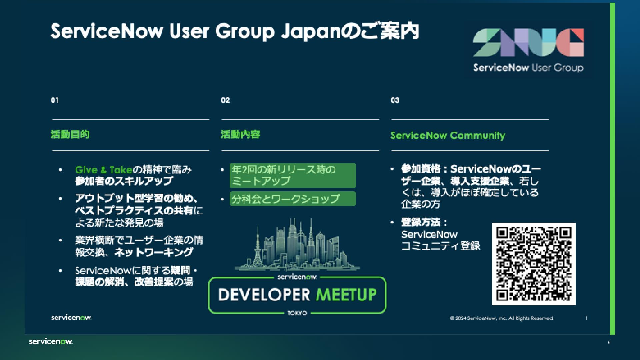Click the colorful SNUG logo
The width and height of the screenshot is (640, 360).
click(x=528, y=43)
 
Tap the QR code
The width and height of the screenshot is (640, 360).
click(x=534, y=264)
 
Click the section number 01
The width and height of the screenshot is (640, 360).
click(x=55, y=100)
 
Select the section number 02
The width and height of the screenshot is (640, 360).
click(x=225, y=100)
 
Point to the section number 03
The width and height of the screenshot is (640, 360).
click(x=395, y=100)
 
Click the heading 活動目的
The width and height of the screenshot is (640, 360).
click(x=70, y=134)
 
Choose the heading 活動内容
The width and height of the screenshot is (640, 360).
click(x=240, y=134)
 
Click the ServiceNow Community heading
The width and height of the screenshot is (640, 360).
click(x=448, y=135)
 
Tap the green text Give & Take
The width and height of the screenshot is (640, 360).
click(x=104, y=170)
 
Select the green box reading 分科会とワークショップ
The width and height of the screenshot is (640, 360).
click(x=292, y=199)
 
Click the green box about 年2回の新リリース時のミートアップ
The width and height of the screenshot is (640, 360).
click(x=292, y=175)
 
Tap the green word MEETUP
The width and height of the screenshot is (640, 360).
click(x=346, y=295)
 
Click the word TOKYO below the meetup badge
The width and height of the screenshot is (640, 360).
click(x=297, y=313)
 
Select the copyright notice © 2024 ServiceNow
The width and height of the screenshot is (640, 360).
click(x=502, y=318)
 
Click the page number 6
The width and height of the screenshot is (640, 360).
click(x=609, y=342)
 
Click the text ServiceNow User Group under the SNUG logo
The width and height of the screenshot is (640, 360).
click(x=528, y=68)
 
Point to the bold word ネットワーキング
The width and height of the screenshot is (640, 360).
click(x=154, y=252)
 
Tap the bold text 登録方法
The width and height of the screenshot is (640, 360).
click(x=421, y=222)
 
